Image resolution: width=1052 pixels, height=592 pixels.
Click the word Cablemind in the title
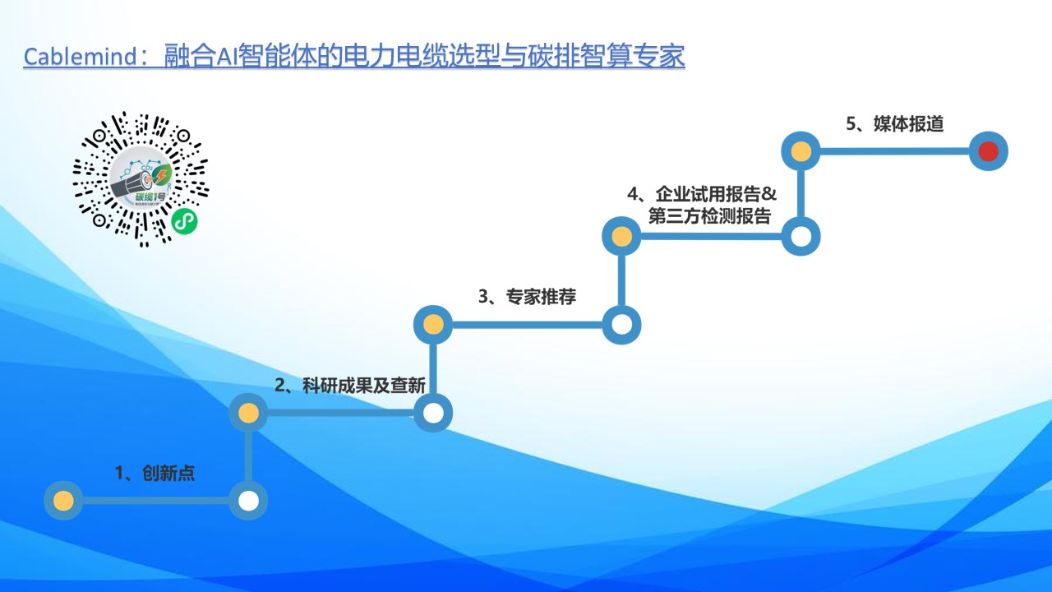tap(80, 57)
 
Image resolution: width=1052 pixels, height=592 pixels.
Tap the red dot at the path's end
tap(988, 151)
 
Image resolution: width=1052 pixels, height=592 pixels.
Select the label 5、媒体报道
tap(895, 123)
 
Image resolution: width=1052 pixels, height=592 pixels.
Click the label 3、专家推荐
tap(527, 297)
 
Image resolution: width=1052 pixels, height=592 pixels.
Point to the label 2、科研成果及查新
tap(350, 386)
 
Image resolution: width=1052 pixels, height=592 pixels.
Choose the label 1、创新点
tap(155, 473)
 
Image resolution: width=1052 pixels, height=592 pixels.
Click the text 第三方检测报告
tap(709, 216)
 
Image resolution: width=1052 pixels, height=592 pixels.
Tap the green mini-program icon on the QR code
tap(184, 221)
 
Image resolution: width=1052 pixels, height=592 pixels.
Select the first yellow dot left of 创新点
tap(63, 501)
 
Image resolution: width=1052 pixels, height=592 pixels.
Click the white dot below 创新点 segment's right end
tap(248, 501)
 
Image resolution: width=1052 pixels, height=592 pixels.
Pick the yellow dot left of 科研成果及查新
tap(248, 413)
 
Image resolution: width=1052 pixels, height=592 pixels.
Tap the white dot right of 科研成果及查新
tap(433, 413)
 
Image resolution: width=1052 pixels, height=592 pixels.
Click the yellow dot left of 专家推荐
tap(433, 325)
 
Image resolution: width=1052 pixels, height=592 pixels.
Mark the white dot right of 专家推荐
tap(621, 325)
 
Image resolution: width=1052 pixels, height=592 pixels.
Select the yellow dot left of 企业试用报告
tap(621, 236)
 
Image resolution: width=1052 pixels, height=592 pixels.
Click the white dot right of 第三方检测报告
tap(801, 236)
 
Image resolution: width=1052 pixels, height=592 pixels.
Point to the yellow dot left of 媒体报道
tap(801, 151)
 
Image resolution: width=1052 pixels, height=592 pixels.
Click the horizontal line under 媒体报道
tap(895, 151)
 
